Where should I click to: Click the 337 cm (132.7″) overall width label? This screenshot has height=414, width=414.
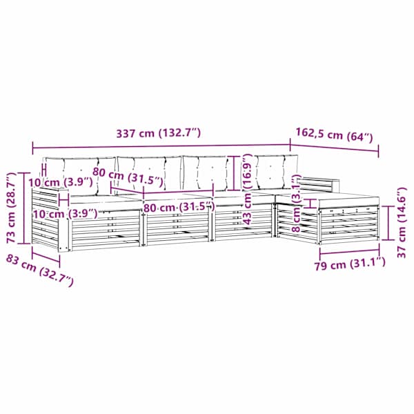click(159, 132)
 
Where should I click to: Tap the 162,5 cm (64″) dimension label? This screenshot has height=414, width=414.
click(334, 135)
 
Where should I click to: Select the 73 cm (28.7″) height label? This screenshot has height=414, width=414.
click(12, 208)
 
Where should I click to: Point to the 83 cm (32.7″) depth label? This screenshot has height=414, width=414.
click(39, 270)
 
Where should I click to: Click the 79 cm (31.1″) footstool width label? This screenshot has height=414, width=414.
click(350, 264)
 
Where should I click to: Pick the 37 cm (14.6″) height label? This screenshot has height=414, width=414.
click(401, 222)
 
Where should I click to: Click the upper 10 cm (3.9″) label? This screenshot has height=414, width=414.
click(61, 182)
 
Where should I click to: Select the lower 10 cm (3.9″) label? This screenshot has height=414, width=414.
click(66, 213)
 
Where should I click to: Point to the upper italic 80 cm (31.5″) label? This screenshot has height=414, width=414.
click(128, 177)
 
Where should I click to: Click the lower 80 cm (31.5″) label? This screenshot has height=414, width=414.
click(179, 207)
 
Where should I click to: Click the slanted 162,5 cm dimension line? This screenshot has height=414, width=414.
click(334, 148)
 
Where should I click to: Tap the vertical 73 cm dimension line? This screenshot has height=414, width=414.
click(23, 208)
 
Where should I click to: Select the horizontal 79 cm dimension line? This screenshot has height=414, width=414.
click(349, 252)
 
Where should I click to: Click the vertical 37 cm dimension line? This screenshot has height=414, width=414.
click(388, 223)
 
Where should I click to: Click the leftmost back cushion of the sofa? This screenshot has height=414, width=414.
click(79, 175)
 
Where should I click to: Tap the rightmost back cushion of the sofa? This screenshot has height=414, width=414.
click(277, 172)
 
